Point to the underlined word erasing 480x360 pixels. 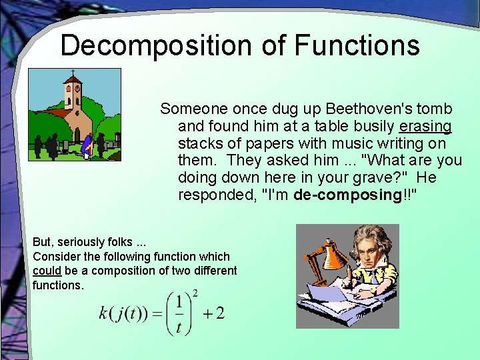pyautogui.click(x=425, y=126)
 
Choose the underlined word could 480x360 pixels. pyautogui.click(x=47, y=271)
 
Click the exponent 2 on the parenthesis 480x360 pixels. pyautogui.click(x=195, y=293)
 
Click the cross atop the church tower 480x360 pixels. pyautogui.click(x=73, y=72)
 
